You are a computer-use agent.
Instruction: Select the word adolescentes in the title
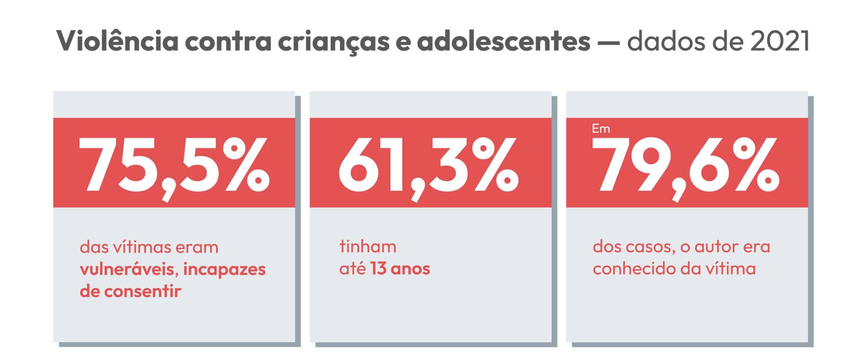[x=503, y=41]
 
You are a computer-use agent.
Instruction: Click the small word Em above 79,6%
[x=601, y=129]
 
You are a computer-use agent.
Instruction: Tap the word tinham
[x=368, y=247]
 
